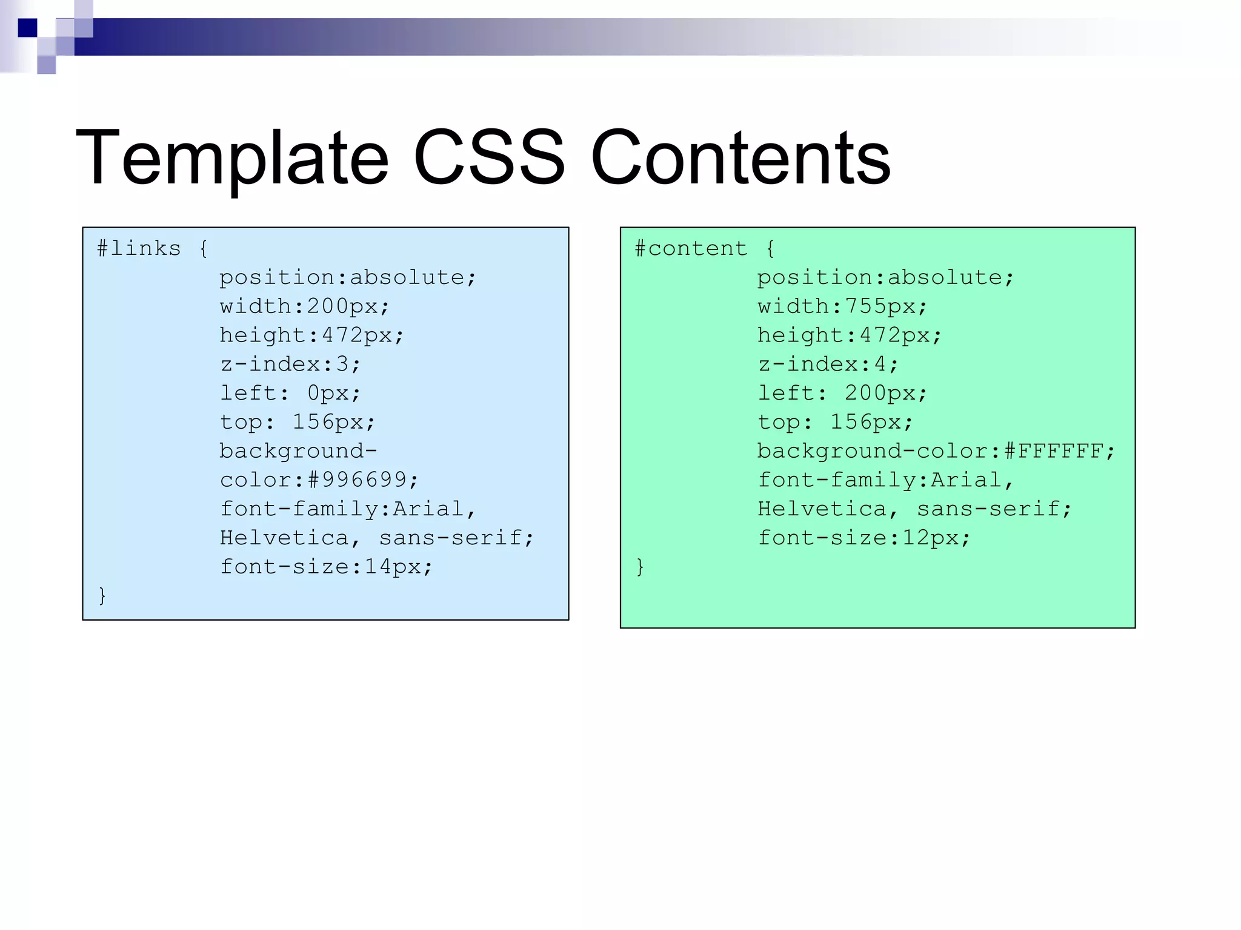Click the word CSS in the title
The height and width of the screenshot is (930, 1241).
click(489, 159)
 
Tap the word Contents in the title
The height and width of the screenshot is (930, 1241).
click(740, 159)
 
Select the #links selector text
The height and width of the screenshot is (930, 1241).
click(139, 249)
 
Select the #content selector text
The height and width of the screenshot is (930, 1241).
click(691, 249)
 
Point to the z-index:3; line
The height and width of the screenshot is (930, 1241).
click(290, 364)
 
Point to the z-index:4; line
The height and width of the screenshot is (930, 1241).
click(828, 364)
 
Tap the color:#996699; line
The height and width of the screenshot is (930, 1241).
click(319, 480)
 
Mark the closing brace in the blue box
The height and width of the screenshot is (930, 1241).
click(102, 596)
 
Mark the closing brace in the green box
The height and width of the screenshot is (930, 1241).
click(640, 567)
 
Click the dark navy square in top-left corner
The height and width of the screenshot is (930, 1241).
click(27, 28)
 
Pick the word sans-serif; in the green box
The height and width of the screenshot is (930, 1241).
click(994, 509)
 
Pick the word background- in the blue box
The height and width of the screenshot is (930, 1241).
click(298, 452)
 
